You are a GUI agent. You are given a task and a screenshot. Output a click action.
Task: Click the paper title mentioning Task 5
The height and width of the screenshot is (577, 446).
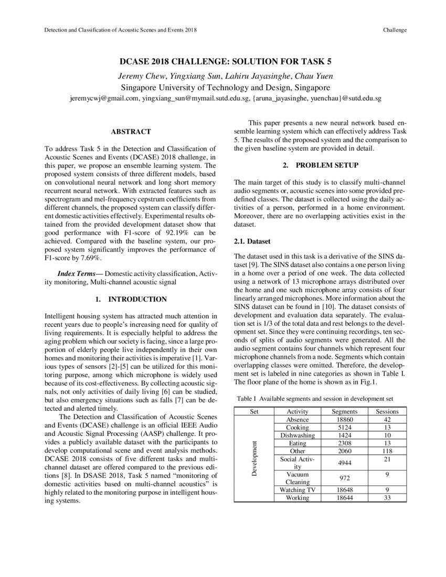223,61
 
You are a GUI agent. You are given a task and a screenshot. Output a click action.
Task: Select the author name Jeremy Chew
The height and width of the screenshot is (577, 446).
138,76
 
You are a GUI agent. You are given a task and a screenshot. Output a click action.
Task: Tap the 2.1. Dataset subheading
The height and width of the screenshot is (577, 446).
252,241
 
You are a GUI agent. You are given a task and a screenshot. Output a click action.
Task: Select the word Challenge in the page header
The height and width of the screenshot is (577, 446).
395,30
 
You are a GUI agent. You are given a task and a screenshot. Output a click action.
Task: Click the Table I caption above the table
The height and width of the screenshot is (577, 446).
315,398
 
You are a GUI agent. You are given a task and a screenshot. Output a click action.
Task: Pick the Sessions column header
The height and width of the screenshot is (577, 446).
387,412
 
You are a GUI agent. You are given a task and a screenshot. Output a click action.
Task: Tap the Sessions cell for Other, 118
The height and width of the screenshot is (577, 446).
387,451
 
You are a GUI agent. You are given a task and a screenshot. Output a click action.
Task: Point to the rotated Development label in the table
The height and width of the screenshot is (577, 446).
254,458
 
